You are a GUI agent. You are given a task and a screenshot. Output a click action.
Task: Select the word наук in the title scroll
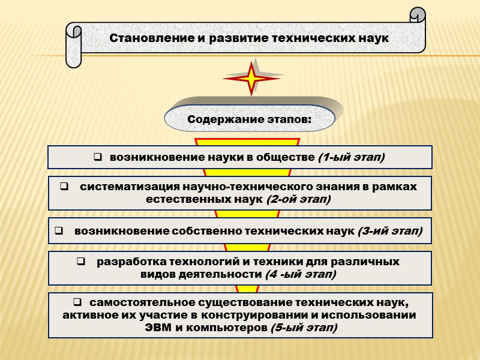374,37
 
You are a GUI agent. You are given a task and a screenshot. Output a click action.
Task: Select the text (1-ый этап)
351,157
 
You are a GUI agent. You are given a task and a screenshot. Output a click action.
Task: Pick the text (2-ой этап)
298,199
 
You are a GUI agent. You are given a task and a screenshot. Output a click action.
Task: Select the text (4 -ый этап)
300,274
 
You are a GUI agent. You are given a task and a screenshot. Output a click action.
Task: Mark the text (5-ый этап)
304,328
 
